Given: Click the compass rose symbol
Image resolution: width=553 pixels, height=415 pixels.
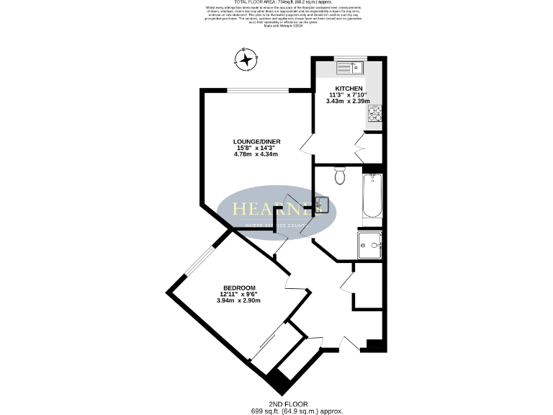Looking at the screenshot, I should coord(247,59).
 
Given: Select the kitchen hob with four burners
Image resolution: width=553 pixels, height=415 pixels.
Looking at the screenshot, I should coord(376,114).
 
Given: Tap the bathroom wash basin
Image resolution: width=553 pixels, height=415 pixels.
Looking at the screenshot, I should coord(323,205).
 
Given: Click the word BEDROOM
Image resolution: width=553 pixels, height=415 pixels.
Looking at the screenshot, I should coord(238,287).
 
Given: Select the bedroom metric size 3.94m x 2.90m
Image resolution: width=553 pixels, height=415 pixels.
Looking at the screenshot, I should coord(238,300).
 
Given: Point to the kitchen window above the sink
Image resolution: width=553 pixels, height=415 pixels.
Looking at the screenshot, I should coord(351,58).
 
